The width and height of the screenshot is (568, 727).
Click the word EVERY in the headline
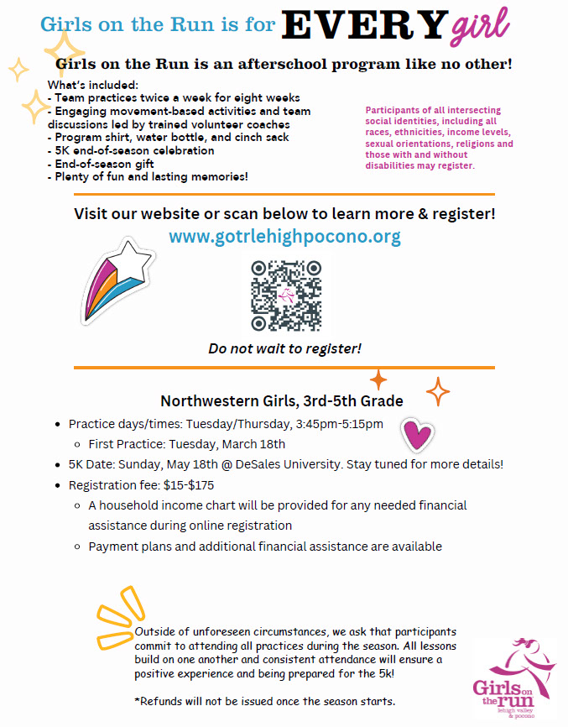tap(362, 25)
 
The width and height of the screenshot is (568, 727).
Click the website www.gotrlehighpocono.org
tap(284, 237)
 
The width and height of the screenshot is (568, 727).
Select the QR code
tap(286, 296)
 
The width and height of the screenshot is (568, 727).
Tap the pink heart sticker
tap(417, 433)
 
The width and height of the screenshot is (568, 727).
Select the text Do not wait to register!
tap(284, 348)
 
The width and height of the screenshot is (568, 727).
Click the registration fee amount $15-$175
tap(190, 485)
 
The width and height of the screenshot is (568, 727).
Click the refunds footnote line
tap(265, 701)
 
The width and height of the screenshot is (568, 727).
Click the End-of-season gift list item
tap(101, 165)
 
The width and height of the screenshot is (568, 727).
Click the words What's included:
tap(92, 85)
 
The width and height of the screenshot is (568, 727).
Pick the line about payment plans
tap(265, 547)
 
